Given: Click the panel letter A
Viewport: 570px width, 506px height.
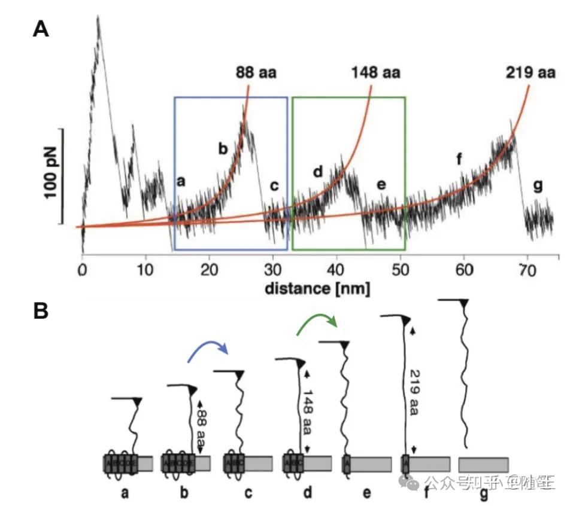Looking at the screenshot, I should pyautogui.click(x=40, y=29).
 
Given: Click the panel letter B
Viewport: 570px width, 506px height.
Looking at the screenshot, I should pyautogui.click(x=40, y=312).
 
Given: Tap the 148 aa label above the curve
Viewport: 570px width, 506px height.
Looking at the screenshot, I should pyautogui.click(x=375, y=74).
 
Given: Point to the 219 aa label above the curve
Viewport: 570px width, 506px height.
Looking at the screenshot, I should pyautogui.click(x=529, y=74).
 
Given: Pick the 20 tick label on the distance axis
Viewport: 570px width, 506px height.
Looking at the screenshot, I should pyautogui.click(x=209, y=269).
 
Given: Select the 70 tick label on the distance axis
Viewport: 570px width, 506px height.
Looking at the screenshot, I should pyautogui.click(x=527, y=269).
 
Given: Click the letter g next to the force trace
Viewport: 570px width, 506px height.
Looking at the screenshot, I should pyautogui.click(x=538, y=186).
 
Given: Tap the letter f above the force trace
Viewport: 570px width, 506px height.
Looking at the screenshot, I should pyautogui.click(x=459, y=160).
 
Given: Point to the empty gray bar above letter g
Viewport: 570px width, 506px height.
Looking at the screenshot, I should pyautogui.click(x=483, y=464).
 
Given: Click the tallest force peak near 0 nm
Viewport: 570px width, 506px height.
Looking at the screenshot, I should pyautogui.click(x=98, y=18).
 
